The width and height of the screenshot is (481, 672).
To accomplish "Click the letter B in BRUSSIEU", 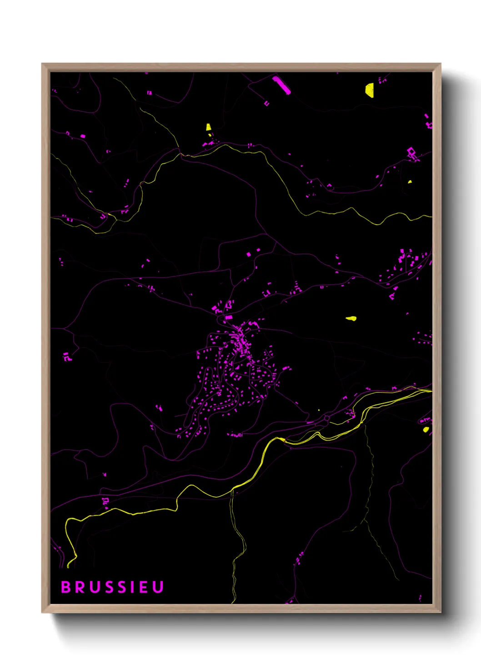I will tap(66, 587).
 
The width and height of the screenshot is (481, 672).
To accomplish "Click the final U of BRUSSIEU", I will tap(157, 587).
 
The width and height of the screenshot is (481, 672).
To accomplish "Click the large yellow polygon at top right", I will tap(370, 90).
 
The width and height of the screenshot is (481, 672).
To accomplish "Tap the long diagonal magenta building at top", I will tap(281, 85).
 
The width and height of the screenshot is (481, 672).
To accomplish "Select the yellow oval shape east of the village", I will tap(351, 318).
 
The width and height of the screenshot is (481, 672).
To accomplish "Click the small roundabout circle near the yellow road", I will tap(326, 418).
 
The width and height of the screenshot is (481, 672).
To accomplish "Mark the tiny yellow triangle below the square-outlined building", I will tap(410, 182).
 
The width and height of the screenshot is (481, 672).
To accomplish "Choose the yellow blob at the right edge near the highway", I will tap(426, 429).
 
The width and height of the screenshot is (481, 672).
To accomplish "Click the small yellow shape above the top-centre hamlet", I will tap(208, 127).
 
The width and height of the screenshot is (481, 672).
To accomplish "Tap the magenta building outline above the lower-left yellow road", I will tap(105, 501).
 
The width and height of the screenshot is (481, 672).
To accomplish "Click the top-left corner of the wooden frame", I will tap(43, 64).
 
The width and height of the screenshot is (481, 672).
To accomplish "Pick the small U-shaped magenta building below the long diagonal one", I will tap(267, 104).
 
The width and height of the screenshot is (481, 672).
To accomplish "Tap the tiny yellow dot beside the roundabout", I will tap(319, 410).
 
